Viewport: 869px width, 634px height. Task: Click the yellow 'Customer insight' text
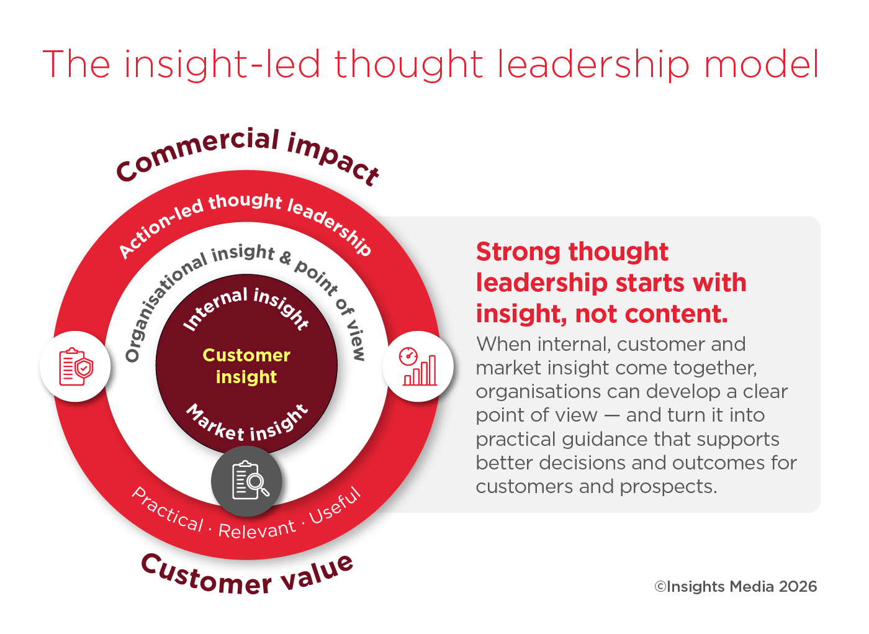[246, 366]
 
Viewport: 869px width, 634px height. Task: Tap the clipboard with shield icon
[76, 366]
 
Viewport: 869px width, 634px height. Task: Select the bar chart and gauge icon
[418, 366]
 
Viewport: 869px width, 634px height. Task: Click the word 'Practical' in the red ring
[168, 510]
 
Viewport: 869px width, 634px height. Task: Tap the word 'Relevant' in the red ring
[257, 529]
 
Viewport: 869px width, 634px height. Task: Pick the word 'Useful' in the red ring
[335, 505]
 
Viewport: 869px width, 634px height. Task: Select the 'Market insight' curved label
[247, 423]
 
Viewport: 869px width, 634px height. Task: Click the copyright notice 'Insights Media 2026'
[736, 586]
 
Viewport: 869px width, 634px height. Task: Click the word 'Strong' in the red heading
[518, 252]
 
